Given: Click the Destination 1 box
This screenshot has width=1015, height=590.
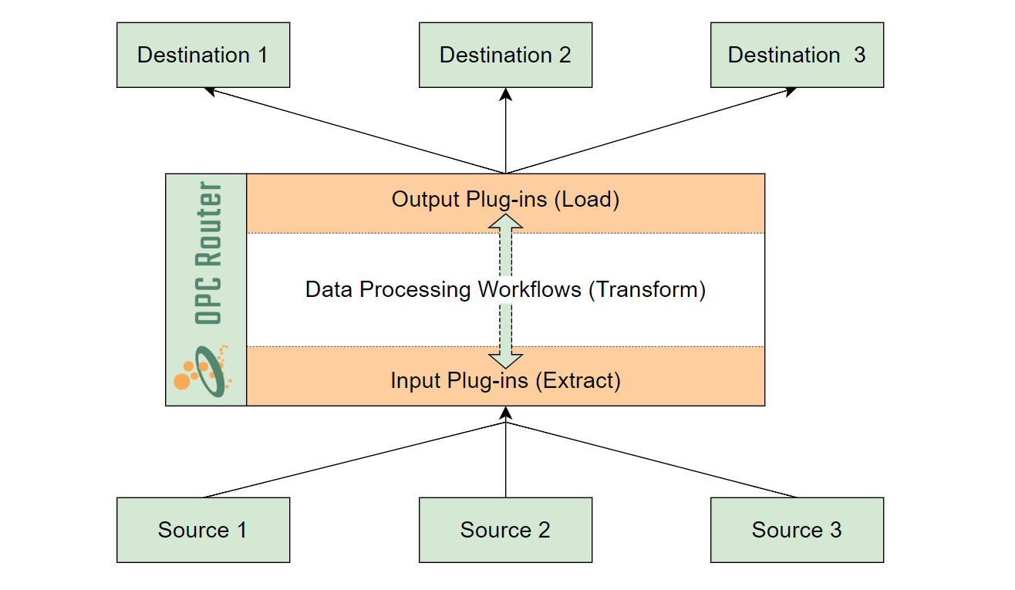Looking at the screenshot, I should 203,55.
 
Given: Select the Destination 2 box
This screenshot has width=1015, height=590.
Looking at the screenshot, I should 505,55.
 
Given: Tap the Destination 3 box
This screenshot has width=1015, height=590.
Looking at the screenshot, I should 797,55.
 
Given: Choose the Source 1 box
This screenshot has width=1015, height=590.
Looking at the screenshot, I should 203,530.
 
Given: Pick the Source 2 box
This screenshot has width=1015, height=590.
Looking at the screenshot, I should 505,530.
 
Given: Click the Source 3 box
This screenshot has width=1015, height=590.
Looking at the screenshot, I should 797,530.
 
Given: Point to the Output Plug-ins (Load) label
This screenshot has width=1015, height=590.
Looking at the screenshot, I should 505,199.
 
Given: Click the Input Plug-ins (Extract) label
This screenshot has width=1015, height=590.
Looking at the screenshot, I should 505,380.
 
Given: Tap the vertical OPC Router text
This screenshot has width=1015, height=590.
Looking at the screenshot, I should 208,252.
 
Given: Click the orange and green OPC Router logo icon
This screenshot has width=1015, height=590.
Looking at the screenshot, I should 201,372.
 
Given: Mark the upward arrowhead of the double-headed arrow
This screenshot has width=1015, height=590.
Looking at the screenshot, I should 505,221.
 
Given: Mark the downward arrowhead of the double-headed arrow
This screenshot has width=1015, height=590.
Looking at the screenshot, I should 505,360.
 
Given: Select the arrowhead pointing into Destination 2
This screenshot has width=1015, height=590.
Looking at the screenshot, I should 505,94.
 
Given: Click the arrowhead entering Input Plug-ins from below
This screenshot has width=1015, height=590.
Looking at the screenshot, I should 505,413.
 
